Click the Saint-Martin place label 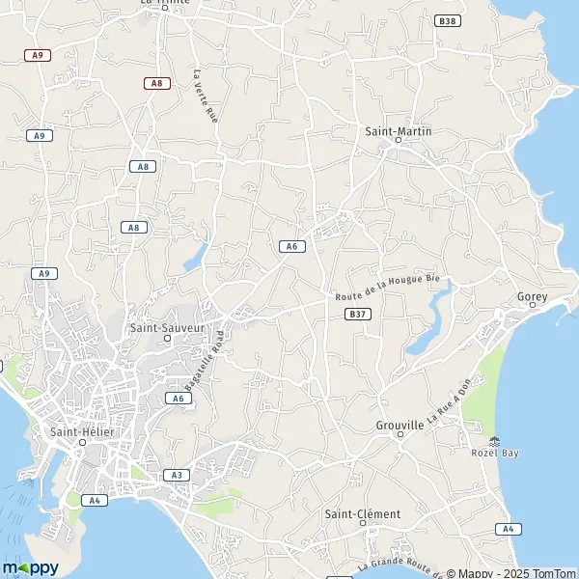coord(398,130)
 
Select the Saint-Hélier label coord(82,431)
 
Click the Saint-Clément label coord(362,514)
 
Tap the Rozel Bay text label coord(495,453)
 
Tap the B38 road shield coord(445,20)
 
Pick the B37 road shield coord(357,314)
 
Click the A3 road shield coord(175,475)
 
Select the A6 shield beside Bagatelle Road coord(177,398)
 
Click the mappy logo coord(31,566)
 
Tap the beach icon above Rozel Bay coord(495,440)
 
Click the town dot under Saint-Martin coord(398,141)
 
